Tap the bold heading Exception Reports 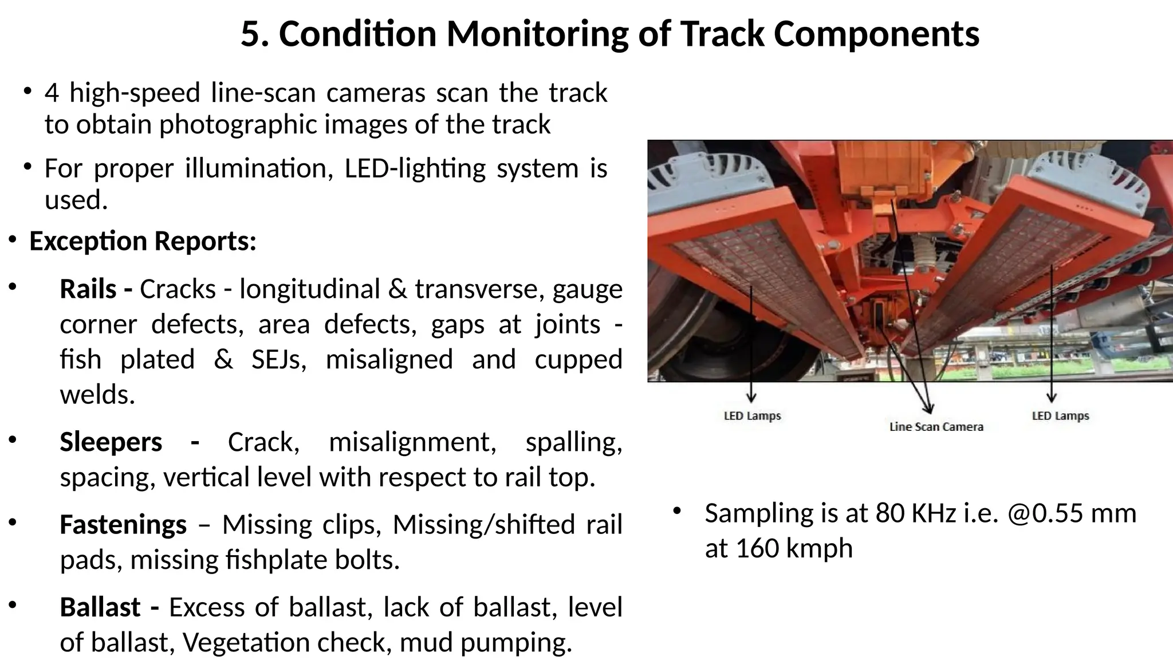click(143, 241)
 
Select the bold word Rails click(88, 289)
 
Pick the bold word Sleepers click(111, 442)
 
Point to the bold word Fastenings click(123, 525)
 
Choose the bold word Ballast click(100, 607)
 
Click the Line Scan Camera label click(936, 427)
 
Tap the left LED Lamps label click(752, 416)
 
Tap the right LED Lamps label click(1060, 416)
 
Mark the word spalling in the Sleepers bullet click(573, 442)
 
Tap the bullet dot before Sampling click(677, 511)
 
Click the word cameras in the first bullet click(375, 93)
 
